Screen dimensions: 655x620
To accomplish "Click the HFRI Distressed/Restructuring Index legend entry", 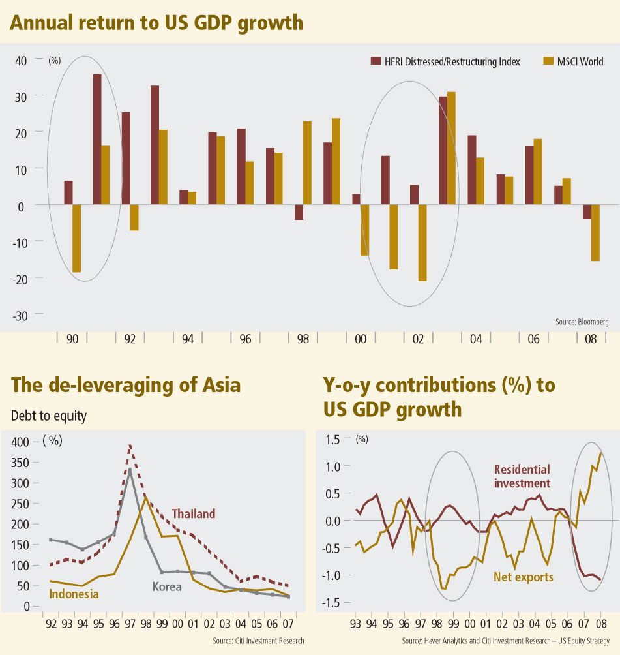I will [x=445, y=62].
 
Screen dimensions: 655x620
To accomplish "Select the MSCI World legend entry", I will [x=574, y=62].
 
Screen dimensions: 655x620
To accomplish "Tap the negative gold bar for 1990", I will [x=76, y=238].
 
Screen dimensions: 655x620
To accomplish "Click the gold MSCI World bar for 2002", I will [x=422, y=243].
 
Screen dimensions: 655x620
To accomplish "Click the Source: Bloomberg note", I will [x=582, y=322].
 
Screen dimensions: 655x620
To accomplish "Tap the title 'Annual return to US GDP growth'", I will [x=156, y=23].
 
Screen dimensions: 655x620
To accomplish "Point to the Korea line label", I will [x=166, y=586].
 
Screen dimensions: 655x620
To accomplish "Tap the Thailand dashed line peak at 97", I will [x=130, y=446].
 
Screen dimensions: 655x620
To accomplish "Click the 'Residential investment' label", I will [x=522, y=476].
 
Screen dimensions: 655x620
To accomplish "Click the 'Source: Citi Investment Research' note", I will [x=258, y=641].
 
